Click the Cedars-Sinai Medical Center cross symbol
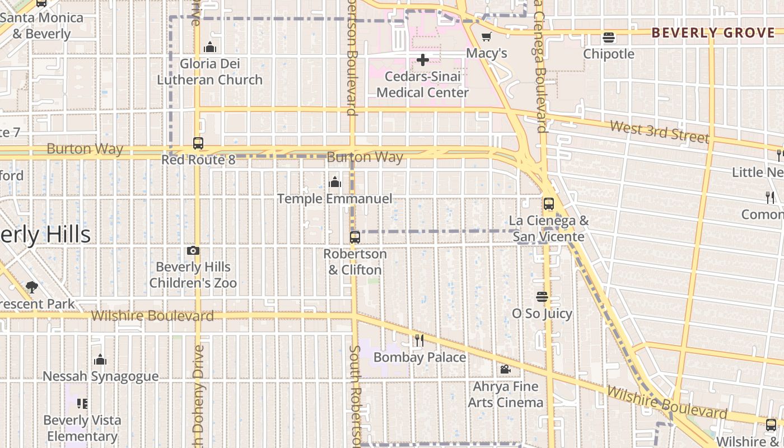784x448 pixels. pos(423,59)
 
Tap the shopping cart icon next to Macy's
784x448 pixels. pos(487,37)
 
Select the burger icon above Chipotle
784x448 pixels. pos(609,38)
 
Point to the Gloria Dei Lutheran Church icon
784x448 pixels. pos(210,47)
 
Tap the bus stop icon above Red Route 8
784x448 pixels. pos(198,143)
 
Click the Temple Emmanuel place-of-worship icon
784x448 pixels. pos(335,182)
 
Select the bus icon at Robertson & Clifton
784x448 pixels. pos(354,237)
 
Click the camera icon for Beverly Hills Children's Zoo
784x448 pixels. pos(193,250)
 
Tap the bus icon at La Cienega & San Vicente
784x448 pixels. pos(548,204)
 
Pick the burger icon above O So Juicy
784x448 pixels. pos(542,297)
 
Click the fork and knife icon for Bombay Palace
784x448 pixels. pos(419,340)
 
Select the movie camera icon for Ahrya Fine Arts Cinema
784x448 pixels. pos(505,370)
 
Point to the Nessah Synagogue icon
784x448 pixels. pos(101,360)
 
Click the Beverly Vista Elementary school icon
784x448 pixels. pos(82,403)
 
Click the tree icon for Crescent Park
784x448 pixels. pos(32,287)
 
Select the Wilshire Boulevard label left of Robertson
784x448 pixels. pos(152,316)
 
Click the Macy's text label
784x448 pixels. pos(487,53)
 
